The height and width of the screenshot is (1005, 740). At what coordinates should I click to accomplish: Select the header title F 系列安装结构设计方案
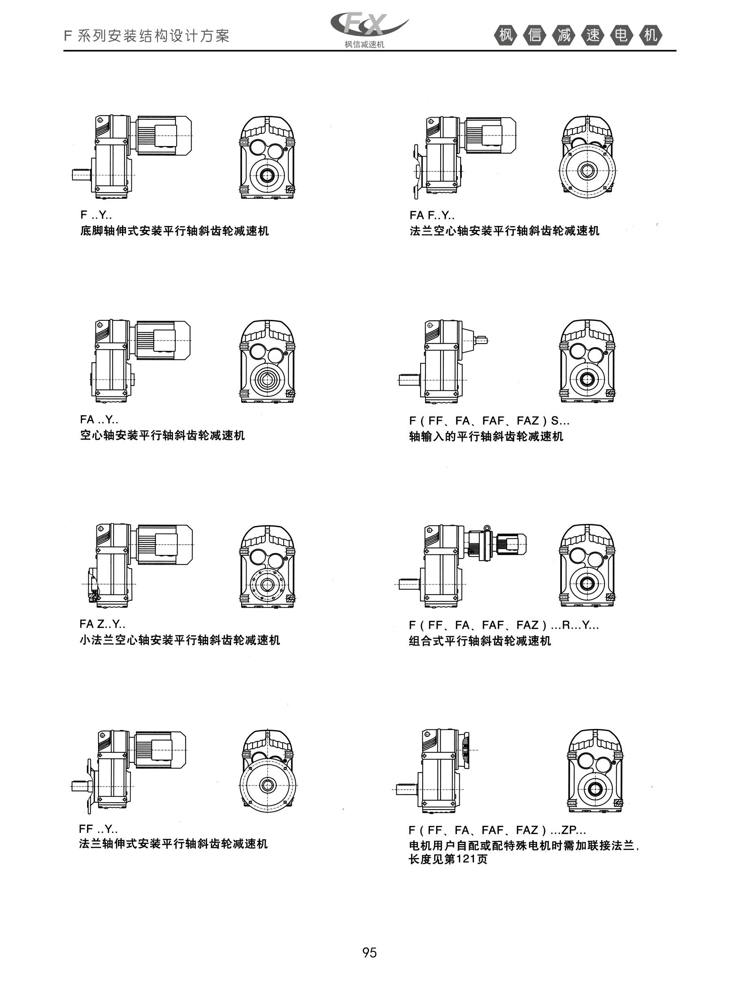(x=147, y=36)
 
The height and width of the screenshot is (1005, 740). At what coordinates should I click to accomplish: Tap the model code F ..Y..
(x=96, y=215)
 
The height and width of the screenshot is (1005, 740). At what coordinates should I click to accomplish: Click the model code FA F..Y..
(x=432, y=215)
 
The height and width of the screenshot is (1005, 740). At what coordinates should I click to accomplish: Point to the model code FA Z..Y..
(x=103, y=624)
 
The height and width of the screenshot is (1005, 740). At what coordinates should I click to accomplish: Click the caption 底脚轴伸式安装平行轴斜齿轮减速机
(x=175, y=231)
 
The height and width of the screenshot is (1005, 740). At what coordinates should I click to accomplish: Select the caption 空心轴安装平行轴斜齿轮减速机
(x=163, y=436)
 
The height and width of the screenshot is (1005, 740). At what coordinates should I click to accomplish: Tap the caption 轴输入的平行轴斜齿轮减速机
(x=486, y=436)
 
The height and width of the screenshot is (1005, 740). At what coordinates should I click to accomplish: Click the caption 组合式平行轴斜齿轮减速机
(x=480, y=641)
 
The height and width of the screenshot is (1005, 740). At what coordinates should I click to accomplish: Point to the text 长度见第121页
(x=448, y=859)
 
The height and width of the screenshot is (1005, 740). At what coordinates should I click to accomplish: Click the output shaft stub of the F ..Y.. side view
(x=83, y=174)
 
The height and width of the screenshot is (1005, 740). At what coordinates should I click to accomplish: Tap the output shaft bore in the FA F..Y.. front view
(x=586, y=171)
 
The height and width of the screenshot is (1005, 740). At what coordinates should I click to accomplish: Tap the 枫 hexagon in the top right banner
(x=506, y=35)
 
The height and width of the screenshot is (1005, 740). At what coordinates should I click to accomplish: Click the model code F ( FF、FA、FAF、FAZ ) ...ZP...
(x=497, y=830)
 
